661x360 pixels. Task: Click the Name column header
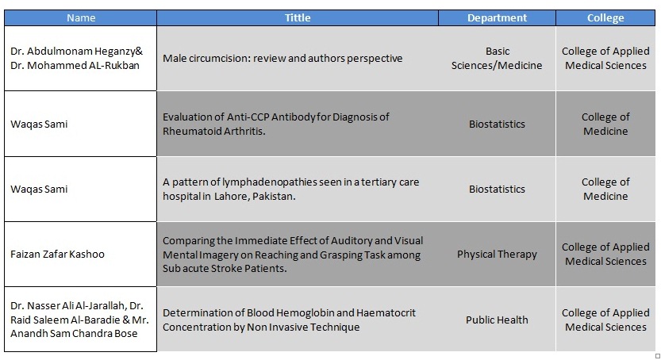(x=81, y=17)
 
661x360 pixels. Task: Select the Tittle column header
(x=298, y=17)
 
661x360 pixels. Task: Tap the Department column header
(x=497, y=17)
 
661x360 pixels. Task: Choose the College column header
(x=605, y=17)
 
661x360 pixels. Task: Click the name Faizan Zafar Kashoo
(x=57, y=255)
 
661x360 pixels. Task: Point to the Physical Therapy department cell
(x=497, y=255)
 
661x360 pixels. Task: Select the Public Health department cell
(x=497, y=320)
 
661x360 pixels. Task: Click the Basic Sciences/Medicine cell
(x=497, y=58)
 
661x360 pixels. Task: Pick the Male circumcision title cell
(x=282, y=58)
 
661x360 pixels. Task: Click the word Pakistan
(x=274, y=196)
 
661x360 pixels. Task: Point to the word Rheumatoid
(x=188, y=131)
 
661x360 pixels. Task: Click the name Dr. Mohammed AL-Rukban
(x=75, y=66)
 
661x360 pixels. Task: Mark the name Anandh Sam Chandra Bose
(x=75, y=334)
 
